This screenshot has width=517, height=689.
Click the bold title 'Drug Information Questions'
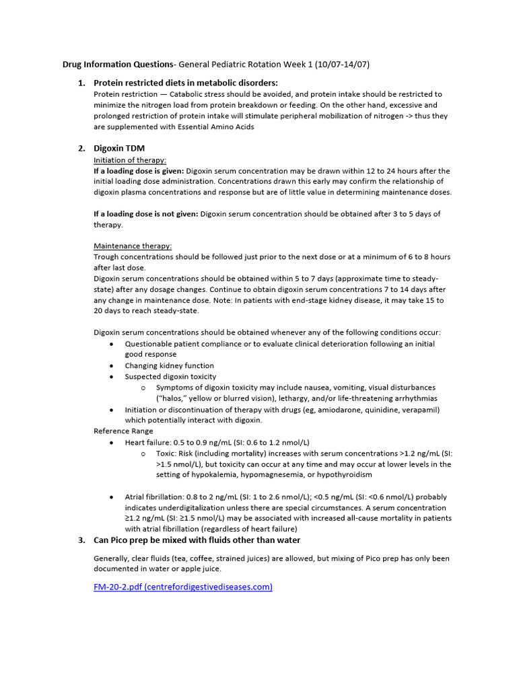tap(118, 65)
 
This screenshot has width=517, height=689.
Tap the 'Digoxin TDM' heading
tap(119, 148)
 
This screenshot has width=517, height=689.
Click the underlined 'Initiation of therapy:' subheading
tap(130, 160)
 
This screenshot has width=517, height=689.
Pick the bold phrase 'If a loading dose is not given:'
tap(145, 214)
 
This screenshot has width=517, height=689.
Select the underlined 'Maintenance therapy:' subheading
tap(133, 246)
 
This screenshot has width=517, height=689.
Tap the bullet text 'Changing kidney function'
tap(169, 366)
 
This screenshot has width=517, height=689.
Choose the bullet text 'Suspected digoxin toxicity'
tap(171, 377)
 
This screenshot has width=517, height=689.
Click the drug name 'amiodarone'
tap(340, 409)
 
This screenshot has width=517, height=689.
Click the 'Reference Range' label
tap(123, 431)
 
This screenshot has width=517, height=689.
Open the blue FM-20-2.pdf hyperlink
tap(183, 587)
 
